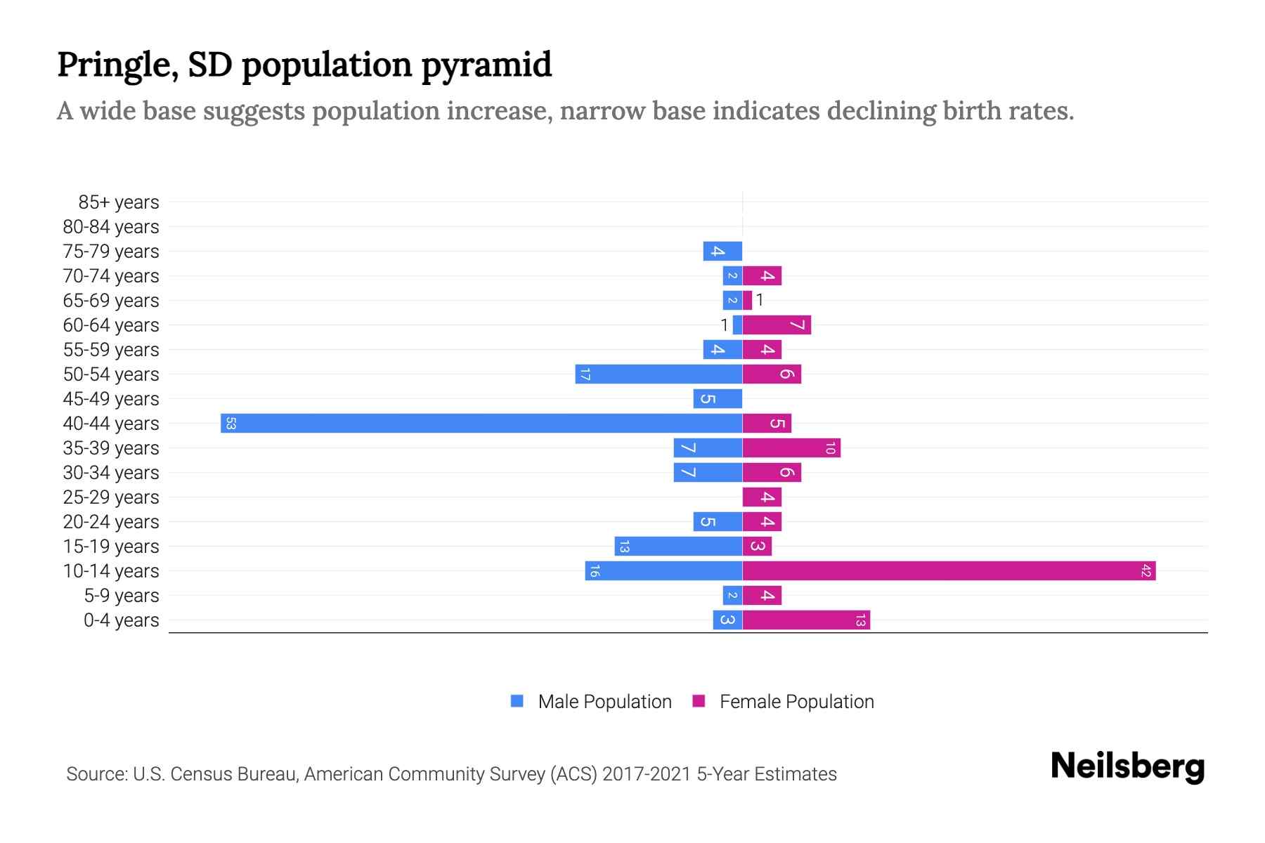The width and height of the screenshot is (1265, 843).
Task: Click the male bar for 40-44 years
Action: [481, 423]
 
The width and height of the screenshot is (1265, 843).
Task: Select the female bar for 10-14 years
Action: [949, 570]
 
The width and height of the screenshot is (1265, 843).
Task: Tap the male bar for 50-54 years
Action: [659, 374]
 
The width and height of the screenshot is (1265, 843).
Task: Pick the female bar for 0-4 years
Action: [806, 620]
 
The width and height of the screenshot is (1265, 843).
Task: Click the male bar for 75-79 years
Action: [722, 251]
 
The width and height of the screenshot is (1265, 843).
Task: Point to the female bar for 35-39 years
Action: [791, 447]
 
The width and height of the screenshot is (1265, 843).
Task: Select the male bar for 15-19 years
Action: [678, 546]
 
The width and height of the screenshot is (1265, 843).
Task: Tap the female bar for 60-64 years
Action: [777, 325]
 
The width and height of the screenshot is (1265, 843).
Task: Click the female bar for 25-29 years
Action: [762, 497]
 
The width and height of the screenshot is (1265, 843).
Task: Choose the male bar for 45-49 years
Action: [718, 398]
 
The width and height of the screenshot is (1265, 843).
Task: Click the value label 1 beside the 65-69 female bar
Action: [760, 301]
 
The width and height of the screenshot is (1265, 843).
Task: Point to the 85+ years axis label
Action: [119, 202]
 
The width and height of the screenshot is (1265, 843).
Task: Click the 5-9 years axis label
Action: [122, 596]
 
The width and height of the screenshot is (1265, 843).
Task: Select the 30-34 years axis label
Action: [111, 473]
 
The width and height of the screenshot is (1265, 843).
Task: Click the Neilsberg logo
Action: [1127, 766]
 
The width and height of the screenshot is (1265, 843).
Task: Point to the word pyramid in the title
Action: [486, 65]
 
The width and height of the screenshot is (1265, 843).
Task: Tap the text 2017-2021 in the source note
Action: [647, 774]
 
